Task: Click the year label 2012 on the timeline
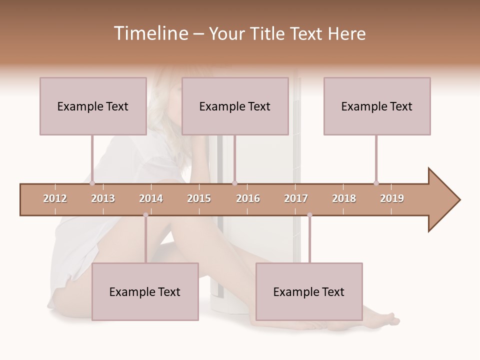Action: point(55,198)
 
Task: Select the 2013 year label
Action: point(103,198)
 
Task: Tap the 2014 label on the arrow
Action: point(151,198)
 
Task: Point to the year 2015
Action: point(199,198)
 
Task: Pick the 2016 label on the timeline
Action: point(248,198)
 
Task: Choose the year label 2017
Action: point(296,198)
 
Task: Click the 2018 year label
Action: point(344,198)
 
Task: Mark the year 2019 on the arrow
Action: point(392,198)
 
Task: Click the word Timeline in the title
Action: point(150,33)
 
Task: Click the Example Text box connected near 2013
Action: point(93,106)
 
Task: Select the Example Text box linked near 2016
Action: point(235,106)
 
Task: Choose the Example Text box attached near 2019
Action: point(377,106)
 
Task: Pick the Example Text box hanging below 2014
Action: point(145,291)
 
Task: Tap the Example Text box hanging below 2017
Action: point(309,291)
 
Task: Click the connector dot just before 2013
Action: point(92,183)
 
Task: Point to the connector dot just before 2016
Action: point(234,183)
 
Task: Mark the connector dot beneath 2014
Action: point(145,215)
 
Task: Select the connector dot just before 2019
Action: point(376,183)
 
